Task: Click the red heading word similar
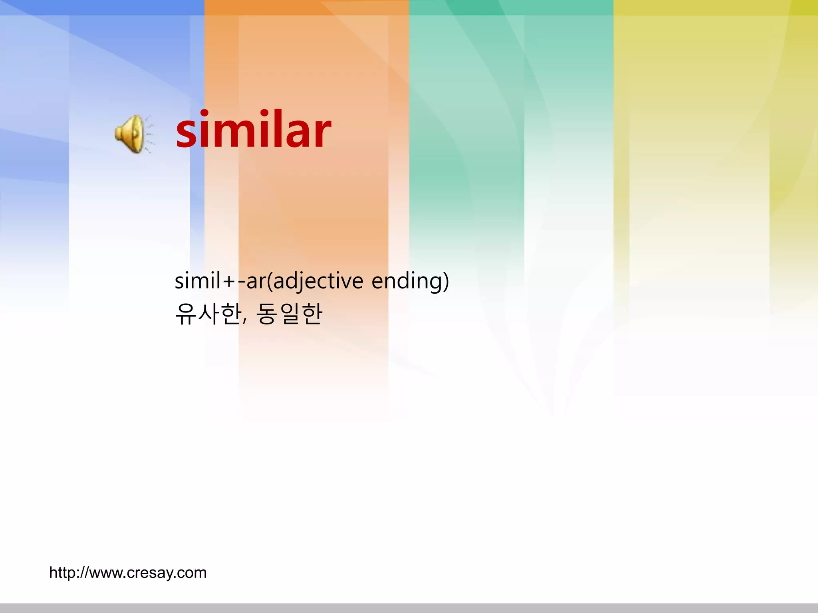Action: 253,130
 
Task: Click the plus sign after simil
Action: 230,282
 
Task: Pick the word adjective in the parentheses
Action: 318,281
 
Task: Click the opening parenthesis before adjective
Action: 269,281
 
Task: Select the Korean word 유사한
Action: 208,314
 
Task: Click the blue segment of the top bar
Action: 102,7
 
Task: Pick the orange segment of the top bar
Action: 307,7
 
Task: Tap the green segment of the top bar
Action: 511,7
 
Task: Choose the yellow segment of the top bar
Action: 716,7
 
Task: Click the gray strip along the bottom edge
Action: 409,608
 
